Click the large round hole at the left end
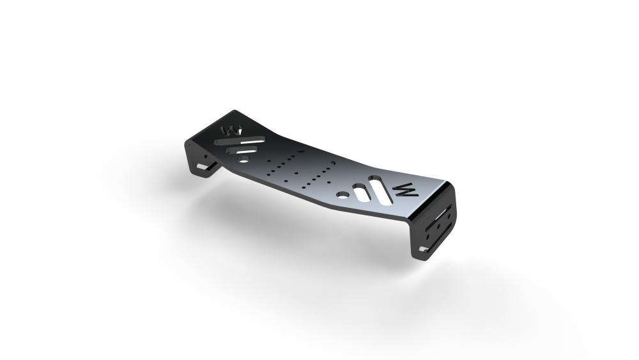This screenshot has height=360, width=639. coord(243,160)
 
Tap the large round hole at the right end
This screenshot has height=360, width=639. coord(344,194)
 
